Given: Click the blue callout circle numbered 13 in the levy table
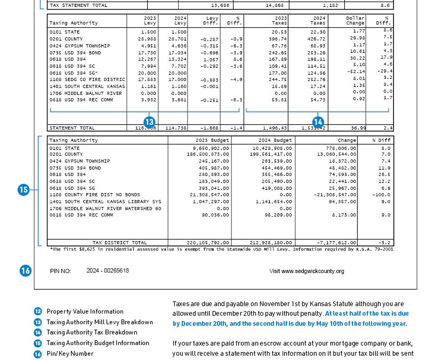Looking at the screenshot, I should (x=149, y=122).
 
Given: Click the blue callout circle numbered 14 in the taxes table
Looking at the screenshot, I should (x=318, y=122).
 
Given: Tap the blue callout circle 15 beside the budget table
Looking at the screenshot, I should (x=23, y=189).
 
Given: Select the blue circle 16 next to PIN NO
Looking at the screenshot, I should (x=26, y=271).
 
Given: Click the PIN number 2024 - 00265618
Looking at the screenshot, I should (x=108, y=271).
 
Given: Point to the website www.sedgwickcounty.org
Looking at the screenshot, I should (x=307, y=271).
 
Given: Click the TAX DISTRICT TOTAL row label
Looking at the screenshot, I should (x=120, y=243).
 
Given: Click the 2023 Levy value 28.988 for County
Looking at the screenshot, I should (x=147, y=39).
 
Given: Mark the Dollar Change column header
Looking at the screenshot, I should (x=355, y=20).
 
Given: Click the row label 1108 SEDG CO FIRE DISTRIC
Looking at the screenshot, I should (x=87, y=79).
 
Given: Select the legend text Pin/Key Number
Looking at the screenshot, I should (x=70, y=354).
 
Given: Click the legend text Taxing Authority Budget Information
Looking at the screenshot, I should (x=98, y=343).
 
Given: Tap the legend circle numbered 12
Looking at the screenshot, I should (x=38, y=311).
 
